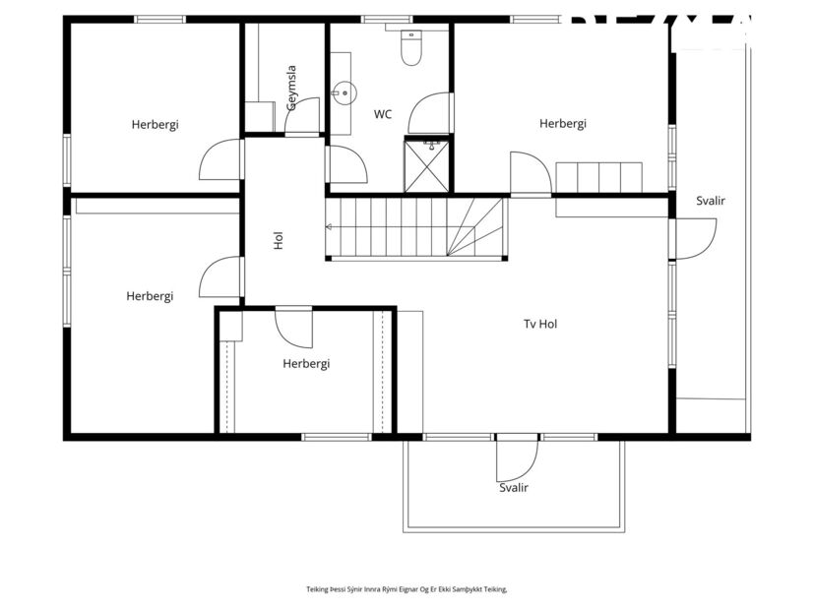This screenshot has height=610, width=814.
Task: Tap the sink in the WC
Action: pos(341,94)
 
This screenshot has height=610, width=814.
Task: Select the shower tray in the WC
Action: pos(428,164)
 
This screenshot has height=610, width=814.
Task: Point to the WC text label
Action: pos(382,114)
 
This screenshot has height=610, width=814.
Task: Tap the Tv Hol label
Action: pos(540,324)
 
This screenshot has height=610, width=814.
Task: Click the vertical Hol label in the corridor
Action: pos(279,240)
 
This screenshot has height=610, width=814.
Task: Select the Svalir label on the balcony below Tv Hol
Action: pos(513,487)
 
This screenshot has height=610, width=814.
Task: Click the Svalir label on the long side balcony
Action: pos(710,201)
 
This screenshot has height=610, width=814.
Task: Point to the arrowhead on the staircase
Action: pos(330,227)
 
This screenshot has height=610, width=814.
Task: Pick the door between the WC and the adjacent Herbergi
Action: pos(432,113)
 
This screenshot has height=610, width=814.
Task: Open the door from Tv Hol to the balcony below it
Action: pos(515,457)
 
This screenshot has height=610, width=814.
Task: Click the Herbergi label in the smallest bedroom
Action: pos(305,363)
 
